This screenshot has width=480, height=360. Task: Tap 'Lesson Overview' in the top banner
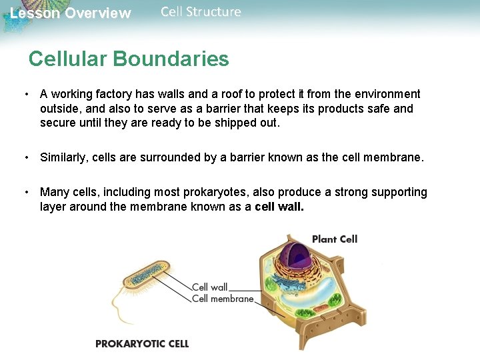[71, 13]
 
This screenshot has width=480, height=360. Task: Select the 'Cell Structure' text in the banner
[201, 12]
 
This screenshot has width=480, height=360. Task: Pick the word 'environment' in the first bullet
[387, 94]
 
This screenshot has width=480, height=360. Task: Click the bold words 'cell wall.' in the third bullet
[279, 207]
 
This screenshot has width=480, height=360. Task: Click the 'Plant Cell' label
[335, 239]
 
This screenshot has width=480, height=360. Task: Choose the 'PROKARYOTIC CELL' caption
[142, 344]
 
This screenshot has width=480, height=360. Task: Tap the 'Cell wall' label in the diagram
[209, 287]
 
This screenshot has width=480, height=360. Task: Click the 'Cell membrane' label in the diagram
[223, 299]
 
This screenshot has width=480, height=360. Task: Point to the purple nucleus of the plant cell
[299, 257]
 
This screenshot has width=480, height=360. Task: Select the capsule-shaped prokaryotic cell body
[147, 273]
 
